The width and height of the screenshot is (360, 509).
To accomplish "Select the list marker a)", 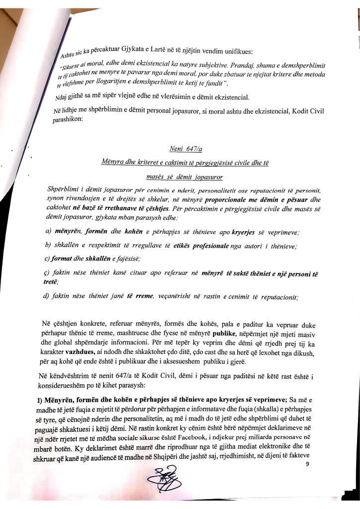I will (49, 232).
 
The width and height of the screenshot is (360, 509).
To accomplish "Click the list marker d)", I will (48, 297).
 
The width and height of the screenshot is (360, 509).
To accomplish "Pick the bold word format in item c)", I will (63, 258).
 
